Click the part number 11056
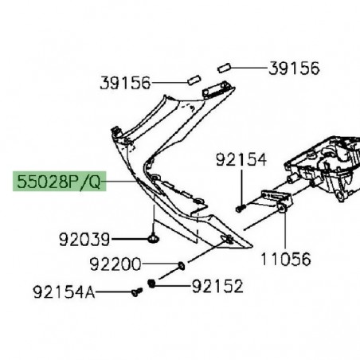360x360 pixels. pyautogui.click(x=285, y=258)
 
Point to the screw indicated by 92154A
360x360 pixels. pyautogui.click(x=135, y=292)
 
